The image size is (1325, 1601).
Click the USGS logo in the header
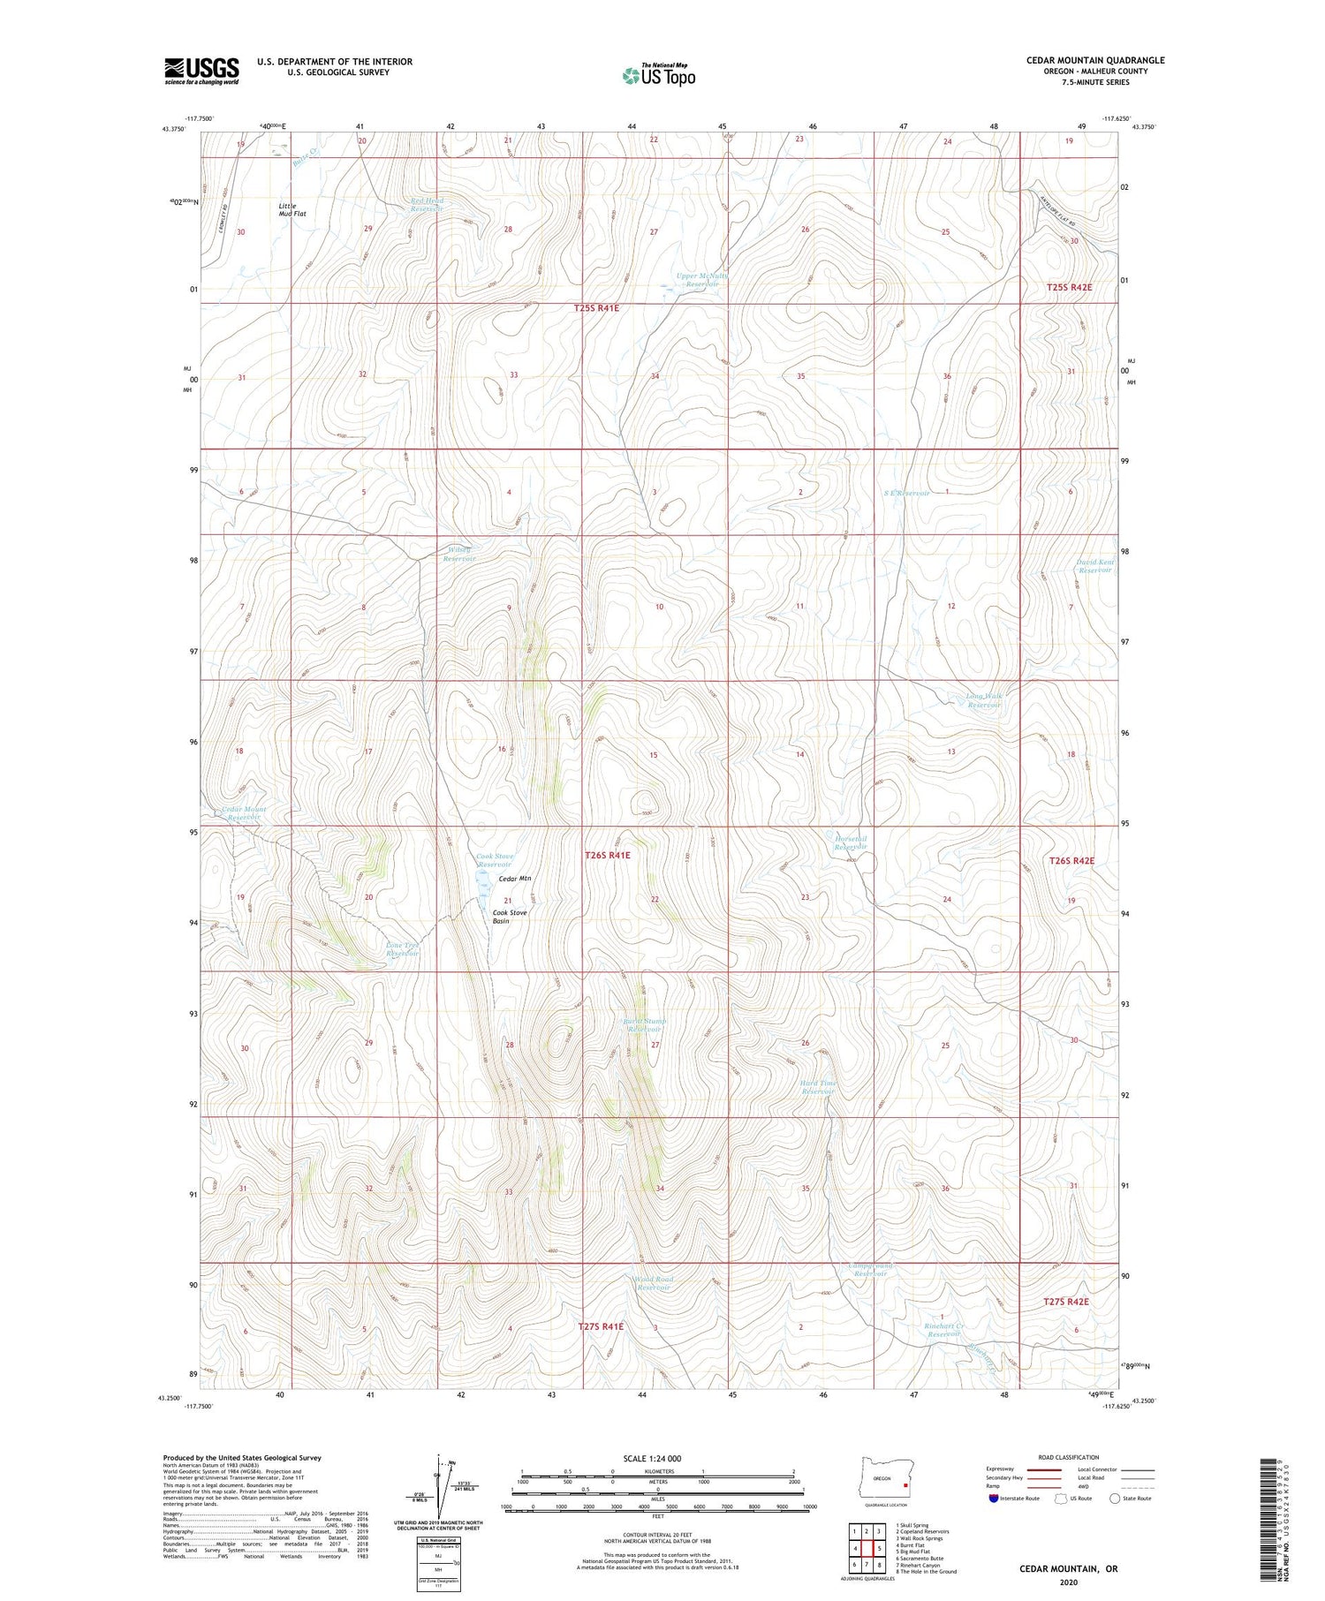tap(201, 71)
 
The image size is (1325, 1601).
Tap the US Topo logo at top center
tap(658, 76)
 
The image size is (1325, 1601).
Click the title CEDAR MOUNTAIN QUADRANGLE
tap(1095, 60)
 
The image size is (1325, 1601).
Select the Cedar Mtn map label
tap(515, 879)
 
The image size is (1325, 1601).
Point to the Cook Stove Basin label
tap(510, 917)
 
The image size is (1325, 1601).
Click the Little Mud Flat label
tap(292, 209)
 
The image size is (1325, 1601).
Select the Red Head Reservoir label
tap(428, 205)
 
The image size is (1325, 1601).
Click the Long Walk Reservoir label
tap(984, 700)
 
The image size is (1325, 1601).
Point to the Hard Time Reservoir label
tap(817, 1087)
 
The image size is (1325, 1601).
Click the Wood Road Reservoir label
tap(654, 1283)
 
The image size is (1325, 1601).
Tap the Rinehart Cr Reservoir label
tap(943, 1329)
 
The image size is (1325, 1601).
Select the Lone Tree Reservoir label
tap(402, 949)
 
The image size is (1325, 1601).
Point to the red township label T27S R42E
tap(1066, 1302)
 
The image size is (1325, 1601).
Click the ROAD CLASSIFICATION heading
tap(1069, 1457)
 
